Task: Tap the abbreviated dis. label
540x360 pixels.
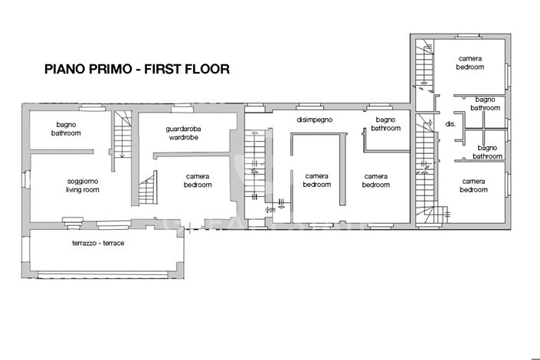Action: click(450, 124)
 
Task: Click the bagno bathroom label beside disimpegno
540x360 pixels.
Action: click(385, 124)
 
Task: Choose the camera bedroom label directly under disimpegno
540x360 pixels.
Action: click(316, 181)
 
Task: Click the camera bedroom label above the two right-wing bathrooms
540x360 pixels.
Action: click(470, 63)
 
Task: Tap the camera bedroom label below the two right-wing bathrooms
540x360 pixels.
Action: click(473, 185)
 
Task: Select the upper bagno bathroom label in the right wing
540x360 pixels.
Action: click(484, 103)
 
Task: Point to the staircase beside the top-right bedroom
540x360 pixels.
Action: click(423, 65)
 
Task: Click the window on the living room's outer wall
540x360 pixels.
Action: click(24, 182)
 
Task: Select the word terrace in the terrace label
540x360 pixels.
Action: click(113, 243)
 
